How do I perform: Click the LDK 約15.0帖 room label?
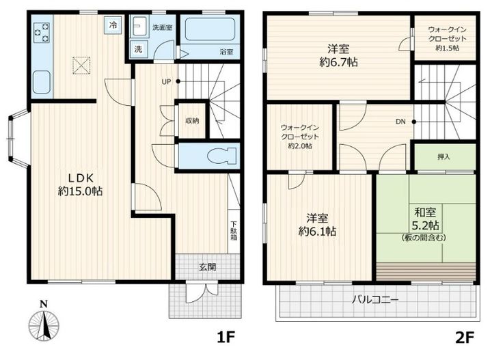coord(81,184)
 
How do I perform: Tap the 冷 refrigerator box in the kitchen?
coord(113,25)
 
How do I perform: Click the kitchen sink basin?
coord(42,82)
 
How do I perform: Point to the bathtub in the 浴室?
coord(210,29)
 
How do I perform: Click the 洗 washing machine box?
coord(138,50)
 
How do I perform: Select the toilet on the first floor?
coord(221,156)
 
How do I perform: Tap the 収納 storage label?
coord(192,121)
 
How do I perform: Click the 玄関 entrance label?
coord(208,267)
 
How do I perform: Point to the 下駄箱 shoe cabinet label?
coord(234,231)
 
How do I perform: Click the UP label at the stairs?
coord(166,82)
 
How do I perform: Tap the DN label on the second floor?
coord(400,122)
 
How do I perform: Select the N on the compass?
coord(44,304)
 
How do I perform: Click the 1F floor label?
coord(226,337)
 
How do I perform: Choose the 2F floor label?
coord(465,337)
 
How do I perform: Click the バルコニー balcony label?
coord(375,300)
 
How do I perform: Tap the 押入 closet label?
coord(444,156)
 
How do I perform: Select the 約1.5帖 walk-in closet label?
coord(448,48)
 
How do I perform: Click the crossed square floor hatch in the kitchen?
coord(81,65)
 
